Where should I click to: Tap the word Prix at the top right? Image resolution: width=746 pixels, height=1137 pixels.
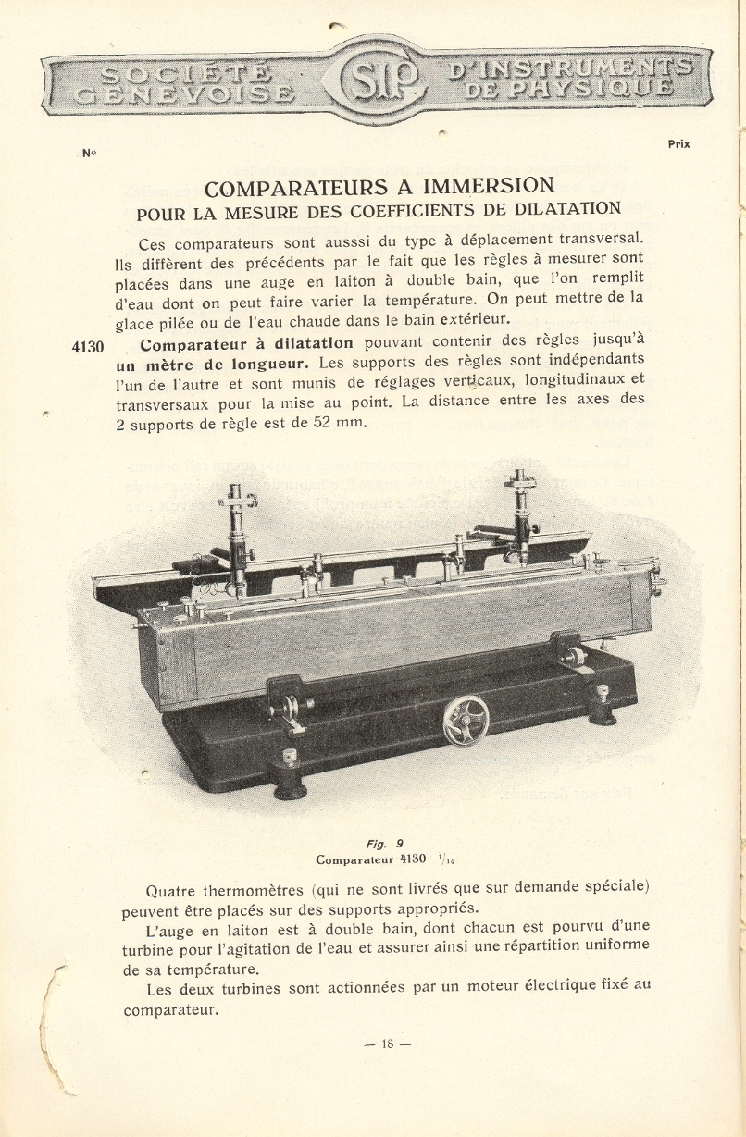678,144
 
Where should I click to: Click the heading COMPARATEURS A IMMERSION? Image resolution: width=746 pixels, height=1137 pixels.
379,189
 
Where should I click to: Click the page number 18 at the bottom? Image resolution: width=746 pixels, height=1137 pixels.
387,1044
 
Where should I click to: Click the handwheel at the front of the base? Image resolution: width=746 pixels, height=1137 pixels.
466,721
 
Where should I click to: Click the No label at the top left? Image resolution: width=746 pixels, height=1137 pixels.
89,154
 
